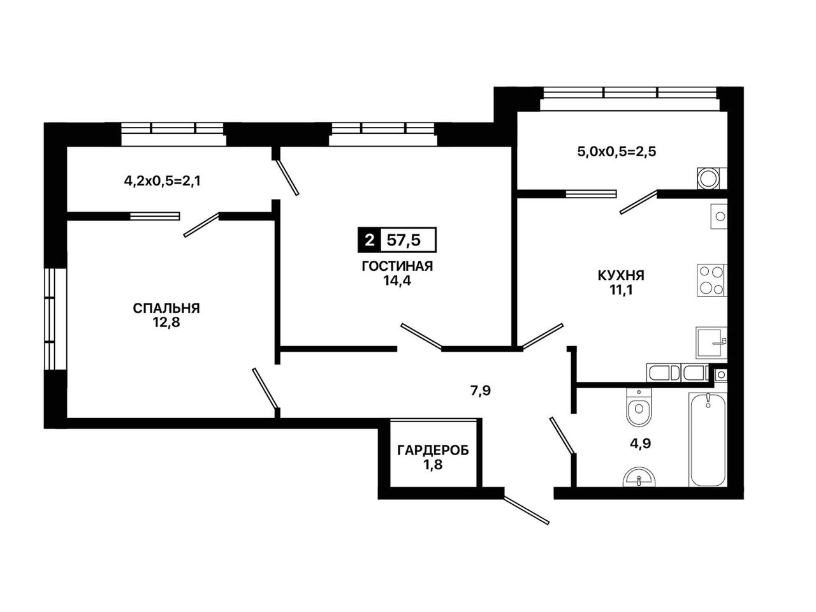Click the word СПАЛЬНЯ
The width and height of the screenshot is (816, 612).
click(x=166, y=308)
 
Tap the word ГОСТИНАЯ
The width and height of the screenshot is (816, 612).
click(x=397, y=266)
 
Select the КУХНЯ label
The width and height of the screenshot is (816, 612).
click(x=621, y=275)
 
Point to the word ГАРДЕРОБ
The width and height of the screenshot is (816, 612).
click(x=433, y=450)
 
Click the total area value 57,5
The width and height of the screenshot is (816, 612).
click(x=404, y=240)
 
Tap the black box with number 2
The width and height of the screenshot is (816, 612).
click(x=369, y=240)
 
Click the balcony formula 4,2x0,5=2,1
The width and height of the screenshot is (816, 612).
click(x=163, y=181)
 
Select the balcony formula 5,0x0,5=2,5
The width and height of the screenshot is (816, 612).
click(x=616, y=152)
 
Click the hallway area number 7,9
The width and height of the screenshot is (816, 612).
click(x=481, y=391)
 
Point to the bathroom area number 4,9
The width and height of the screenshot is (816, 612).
click(x=640, y=444)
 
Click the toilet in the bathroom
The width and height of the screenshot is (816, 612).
click(x=639, y=407)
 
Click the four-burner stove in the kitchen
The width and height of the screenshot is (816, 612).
click(x=711, y=280)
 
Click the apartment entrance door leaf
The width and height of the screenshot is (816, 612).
click(x=527, y=510)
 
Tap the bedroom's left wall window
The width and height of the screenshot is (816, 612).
click(x=55, y=319)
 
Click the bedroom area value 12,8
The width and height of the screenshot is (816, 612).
click(x=166, y=323)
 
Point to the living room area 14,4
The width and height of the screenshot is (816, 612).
click(x=397, y=280)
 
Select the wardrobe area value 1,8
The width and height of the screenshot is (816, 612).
click(x=433, y=465)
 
